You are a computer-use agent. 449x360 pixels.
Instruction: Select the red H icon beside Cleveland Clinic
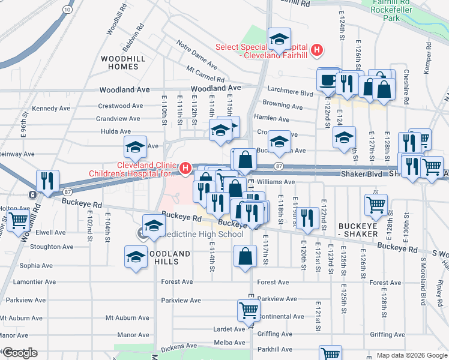click(186, 167)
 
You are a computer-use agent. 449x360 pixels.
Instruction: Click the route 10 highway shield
click(68, 10)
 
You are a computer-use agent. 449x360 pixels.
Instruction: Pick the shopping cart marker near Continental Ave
click(249, 311)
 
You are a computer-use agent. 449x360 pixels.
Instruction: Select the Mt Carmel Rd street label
click(205, 75)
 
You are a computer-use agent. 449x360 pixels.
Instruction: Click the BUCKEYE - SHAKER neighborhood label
click(358, 229)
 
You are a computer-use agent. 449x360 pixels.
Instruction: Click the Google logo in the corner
click(19, 353)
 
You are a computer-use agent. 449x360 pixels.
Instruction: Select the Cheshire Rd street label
click(405, 94)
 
